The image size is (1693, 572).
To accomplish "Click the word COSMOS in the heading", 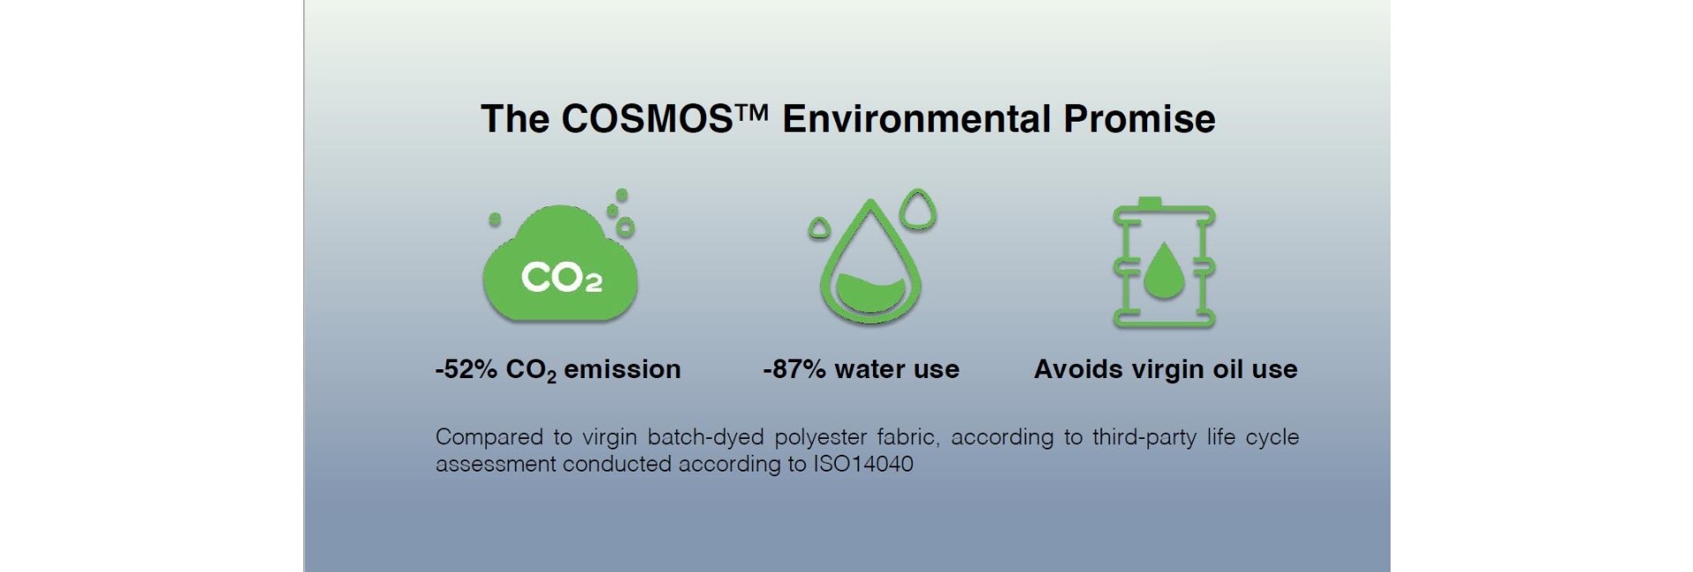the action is (x=646, y=119).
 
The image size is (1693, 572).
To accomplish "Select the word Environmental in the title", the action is (x=916, y=119).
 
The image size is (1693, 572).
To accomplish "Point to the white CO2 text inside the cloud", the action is (x=562, y=278).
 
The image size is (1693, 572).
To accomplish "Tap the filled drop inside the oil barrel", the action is (x=1164, y=269).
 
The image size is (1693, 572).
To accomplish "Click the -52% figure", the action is (x=466, y=369).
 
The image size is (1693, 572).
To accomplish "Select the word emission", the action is (x=623, y=369).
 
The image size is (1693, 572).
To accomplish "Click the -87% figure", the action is (x=794, y=369).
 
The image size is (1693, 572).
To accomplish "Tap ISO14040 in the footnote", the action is (x=863, y=464).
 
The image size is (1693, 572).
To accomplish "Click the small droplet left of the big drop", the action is (x=819, y=228).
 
